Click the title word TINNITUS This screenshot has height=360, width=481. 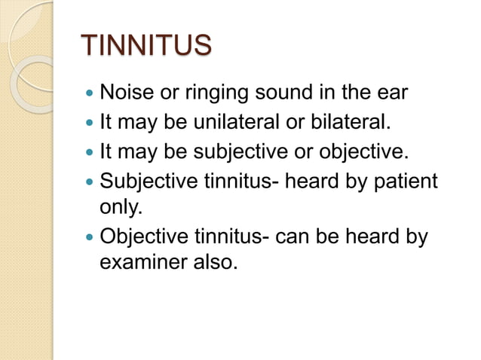[146, 45]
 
